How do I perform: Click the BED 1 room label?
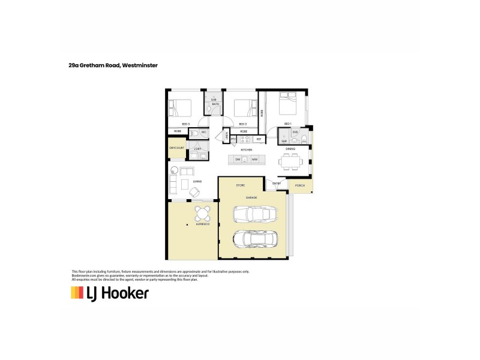(x=287, y=124)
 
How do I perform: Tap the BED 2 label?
(x=243, y=124)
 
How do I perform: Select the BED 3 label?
(x=186, y=124)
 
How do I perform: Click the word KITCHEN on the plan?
(x=246, y=149)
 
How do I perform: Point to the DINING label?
(x=290, y=149)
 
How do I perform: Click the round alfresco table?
(x=202, y=212)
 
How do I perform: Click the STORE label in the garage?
(x=240, y=185)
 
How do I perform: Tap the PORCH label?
(x=300, y=185)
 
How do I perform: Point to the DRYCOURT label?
(x=176, y=147)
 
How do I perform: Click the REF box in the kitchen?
(x=259, y=139)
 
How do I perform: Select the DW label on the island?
(x=238, y=160)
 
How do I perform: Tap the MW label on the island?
(x=254, y=160)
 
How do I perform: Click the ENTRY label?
(x=277, y=183)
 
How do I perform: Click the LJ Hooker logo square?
(x=77, y=293)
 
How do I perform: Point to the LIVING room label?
(x=197, y=181)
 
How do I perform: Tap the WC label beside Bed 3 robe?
(x=204, y=131)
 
